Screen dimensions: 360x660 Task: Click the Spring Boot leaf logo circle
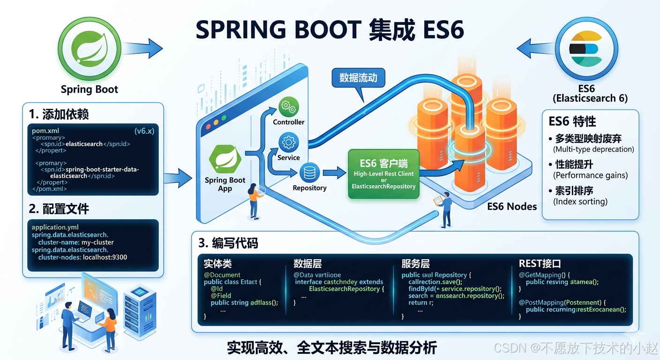tap(90, 49)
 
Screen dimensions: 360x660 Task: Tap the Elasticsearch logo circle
tap(586, 49)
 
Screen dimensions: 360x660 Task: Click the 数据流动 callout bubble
tap(358, 78)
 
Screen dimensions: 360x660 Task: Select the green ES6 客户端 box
tap(383, 174)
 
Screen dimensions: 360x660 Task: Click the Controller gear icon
tap(289, 107)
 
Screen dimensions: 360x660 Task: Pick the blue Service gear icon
tap(289, 142)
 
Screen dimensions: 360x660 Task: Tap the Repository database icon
tap(309, 173)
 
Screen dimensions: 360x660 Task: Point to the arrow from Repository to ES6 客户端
tap(334, 173)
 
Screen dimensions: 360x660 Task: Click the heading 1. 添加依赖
tap(59, 114)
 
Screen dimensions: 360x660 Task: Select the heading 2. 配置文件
tap(59, 209)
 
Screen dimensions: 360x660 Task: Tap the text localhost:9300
tap(105, 257)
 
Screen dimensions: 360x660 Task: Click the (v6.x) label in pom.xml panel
tap(144, 131)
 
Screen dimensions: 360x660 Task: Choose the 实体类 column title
tap(217, 263)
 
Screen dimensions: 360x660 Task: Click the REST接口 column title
tap(540, 263)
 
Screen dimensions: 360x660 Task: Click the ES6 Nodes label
tap(512, 206)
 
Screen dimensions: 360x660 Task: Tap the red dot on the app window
tap(207, 123)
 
